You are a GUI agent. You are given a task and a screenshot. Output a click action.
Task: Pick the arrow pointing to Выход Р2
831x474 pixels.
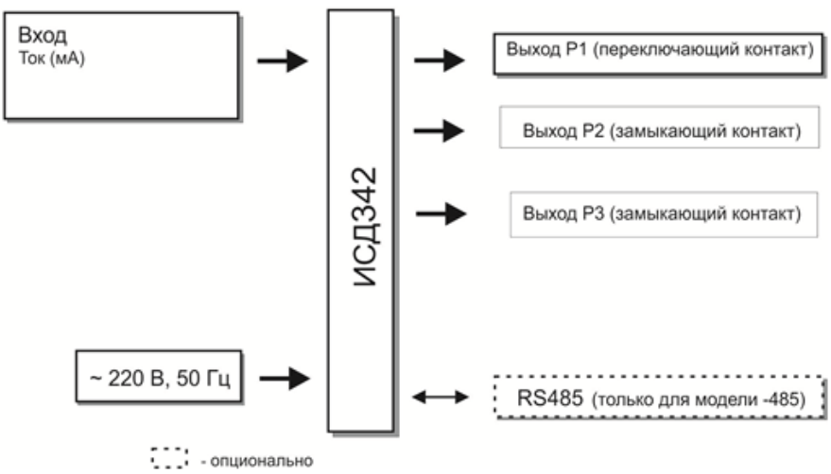coord(441,130)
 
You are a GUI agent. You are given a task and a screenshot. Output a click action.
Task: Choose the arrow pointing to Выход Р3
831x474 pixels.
coord(441,213)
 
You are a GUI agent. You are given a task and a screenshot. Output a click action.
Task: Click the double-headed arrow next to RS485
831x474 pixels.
coord(441,398)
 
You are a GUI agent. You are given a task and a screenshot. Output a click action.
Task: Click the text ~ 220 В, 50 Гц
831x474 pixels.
coord(153,380)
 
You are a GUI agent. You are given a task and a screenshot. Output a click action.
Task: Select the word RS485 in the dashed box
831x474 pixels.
coord(543,398)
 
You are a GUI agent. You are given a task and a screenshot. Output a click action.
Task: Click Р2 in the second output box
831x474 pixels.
coord(592,130)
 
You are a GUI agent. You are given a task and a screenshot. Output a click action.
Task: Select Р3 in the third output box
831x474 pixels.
coord(592,213)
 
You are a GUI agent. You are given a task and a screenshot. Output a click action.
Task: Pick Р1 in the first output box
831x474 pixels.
coord(580,51)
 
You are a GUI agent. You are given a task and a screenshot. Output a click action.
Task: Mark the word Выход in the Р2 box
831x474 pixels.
coord(550,130)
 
